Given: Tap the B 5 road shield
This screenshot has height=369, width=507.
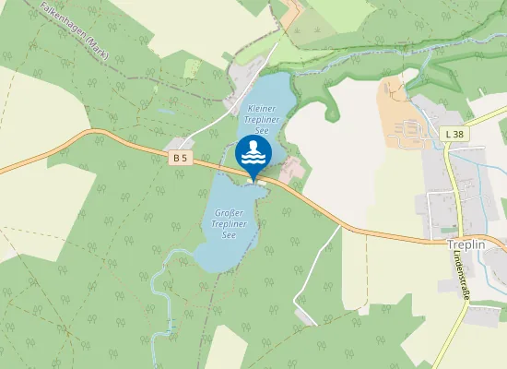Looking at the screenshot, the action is point(180,158).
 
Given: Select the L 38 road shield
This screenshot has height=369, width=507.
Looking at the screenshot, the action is point(454,135).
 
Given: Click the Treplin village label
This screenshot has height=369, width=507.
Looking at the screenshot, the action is point(465,245).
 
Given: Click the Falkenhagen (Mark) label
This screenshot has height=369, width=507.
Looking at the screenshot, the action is point(76,30).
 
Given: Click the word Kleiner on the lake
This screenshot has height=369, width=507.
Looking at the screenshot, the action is point(261,109).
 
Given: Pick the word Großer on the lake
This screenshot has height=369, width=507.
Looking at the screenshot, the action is point(227,204).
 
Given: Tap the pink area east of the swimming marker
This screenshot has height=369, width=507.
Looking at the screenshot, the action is point(291,169).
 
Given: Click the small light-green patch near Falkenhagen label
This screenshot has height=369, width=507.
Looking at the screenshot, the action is point(192,68).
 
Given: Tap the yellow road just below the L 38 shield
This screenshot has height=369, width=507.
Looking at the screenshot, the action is point(450,161).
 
